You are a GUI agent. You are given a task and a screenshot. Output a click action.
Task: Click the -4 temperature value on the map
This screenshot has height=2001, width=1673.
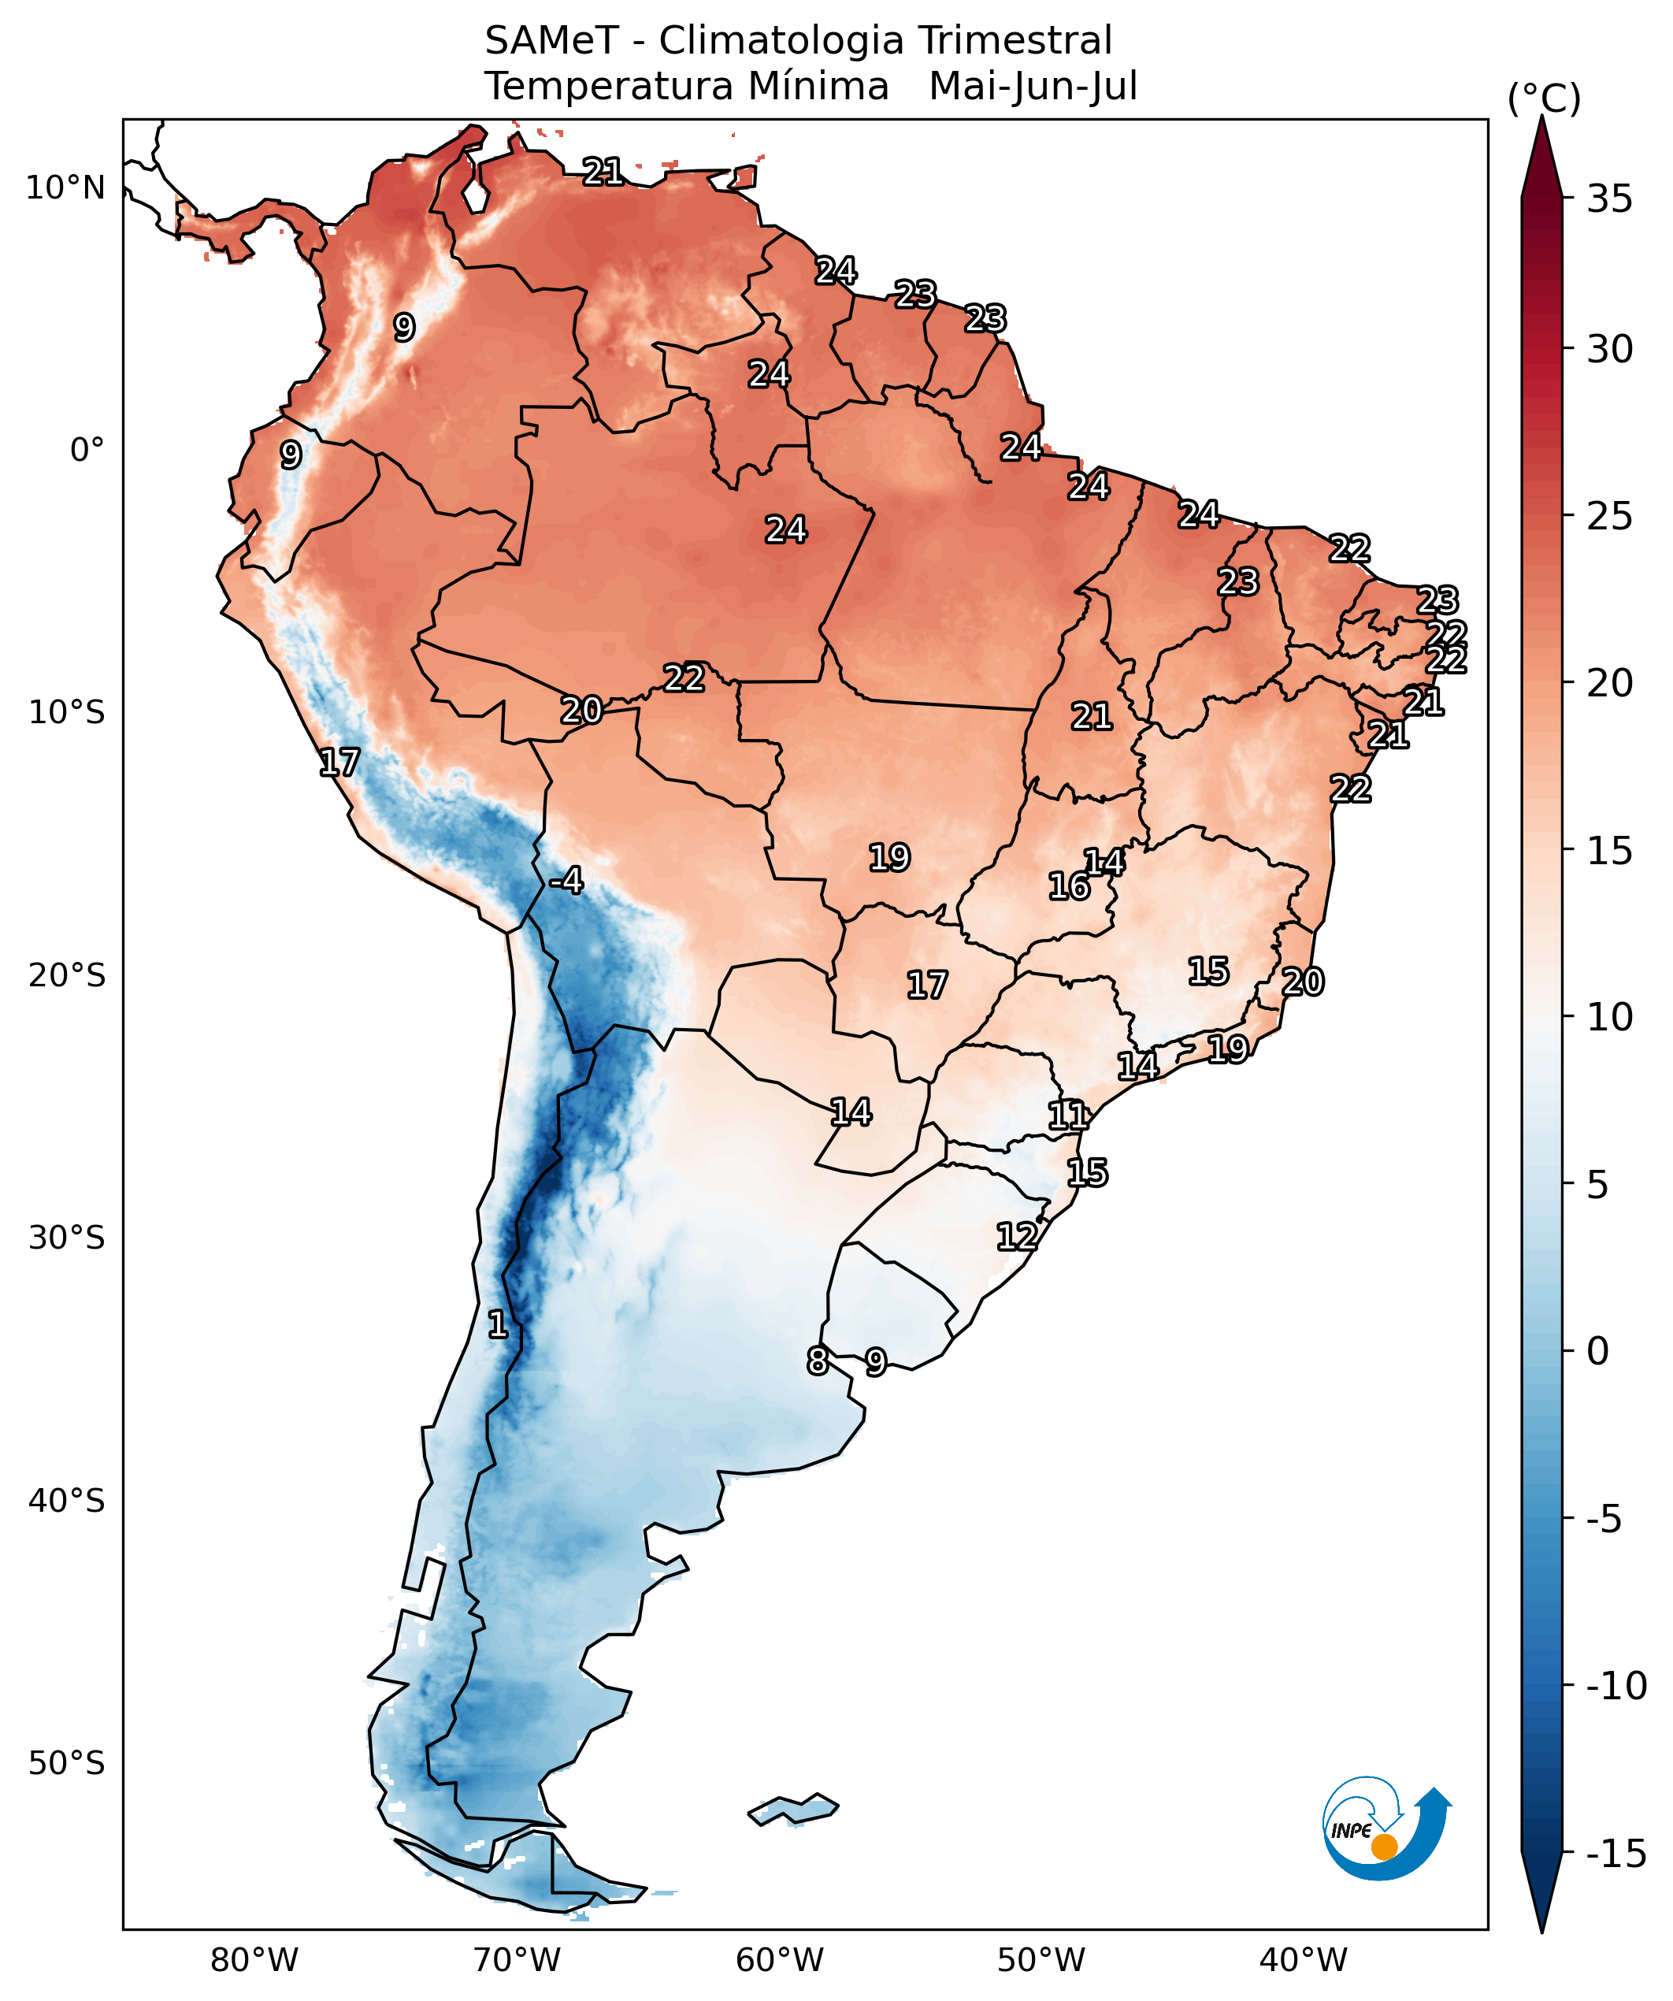(x=567, y=881)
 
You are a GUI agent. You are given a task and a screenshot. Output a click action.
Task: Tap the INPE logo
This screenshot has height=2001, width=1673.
(x=1386, y=1832)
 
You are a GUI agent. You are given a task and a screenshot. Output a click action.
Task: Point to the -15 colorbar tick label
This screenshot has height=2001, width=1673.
(x=1616, y=1854)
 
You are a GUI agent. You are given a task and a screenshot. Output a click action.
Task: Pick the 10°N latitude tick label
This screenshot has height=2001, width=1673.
(x=65, y=187)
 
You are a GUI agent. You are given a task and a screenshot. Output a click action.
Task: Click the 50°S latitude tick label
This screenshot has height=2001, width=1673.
(x=65, y=1763)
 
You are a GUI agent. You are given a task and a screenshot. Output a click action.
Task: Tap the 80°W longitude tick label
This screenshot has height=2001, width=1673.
(x=254, y=1960)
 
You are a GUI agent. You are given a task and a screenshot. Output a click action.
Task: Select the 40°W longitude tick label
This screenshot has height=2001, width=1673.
(x=1304, y=1960)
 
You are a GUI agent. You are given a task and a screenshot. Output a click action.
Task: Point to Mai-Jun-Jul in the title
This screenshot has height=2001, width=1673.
(x=1033, y=86)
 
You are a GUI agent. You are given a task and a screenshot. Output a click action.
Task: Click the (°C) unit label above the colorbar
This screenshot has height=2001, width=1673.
(x=1543, y=98)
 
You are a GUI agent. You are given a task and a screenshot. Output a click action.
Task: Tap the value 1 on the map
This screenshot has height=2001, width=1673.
(x=497, y=1323)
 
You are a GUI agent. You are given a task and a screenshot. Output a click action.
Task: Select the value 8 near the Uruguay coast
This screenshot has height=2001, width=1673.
(x=818, y=1361)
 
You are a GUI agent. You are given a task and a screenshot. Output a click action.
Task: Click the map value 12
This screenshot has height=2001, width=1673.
(x=1017, y=1237)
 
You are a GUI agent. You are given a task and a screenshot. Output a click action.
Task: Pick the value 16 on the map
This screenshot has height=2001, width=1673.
(x=1069, y=886)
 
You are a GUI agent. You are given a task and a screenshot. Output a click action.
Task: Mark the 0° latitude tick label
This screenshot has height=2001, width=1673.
(x=87, y=450)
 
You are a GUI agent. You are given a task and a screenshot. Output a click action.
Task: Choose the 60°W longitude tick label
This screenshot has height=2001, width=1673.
(x=779, y=1960)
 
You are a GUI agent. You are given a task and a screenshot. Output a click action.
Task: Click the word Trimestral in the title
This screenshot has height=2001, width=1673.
(x=1015, y=41)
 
